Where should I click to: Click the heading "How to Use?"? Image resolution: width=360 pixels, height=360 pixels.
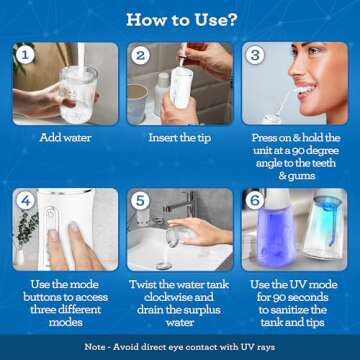[x=180, y=19]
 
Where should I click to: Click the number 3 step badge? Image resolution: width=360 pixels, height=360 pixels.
[x=257, y=56]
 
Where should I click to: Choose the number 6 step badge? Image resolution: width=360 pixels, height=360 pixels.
[x=257, y=200]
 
